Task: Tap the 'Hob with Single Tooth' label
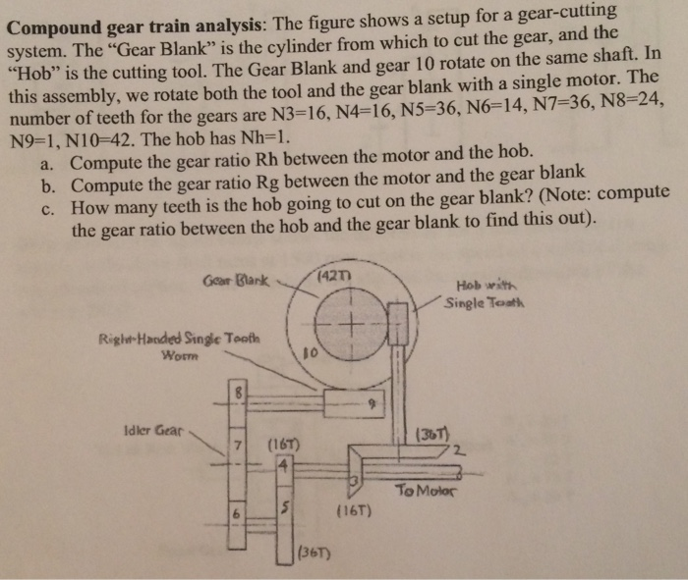click(x=487, y=292)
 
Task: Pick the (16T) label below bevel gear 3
click(x=353, y=510)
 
